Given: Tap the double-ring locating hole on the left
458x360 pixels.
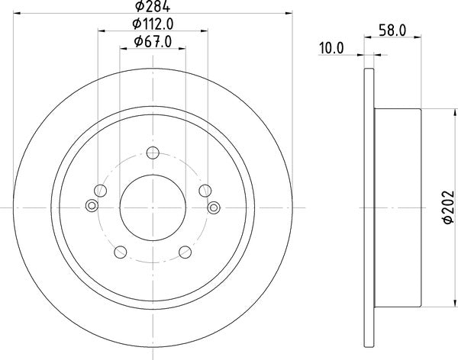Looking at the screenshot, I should click(92, 204).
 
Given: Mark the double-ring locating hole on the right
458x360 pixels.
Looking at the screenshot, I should click(213, 204).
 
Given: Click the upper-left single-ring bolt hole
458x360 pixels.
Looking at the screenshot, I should click(101, 191).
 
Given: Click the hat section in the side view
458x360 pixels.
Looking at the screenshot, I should click(397, 207).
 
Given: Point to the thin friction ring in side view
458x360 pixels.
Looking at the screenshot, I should click(369, 207).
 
